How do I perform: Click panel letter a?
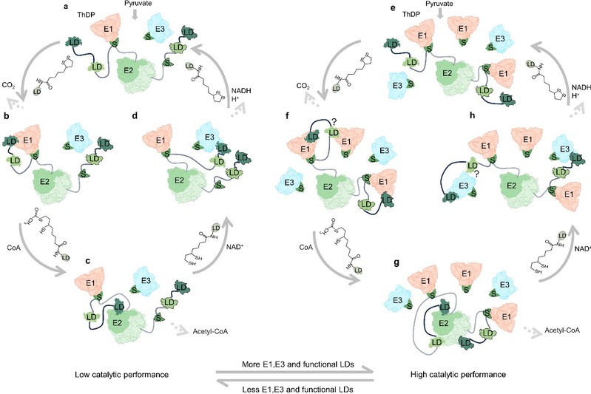[67, 7]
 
